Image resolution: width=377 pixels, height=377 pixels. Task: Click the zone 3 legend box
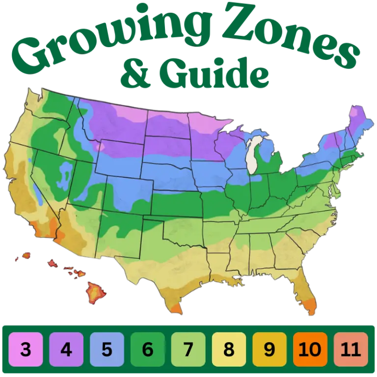pyautogui.click(x=26, y=350)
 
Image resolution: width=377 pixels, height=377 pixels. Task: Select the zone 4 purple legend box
pyautogui.click(x=66, y=350)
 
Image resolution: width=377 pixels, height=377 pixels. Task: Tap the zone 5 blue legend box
pyautogui.click(x=107, y=350)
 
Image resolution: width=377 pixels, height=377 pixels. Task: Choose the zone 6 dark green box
pyautogui.click(x=148, y=350)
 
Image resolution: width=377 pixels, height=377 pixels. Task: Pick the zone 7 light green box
pyautogui.click(x=188, y=350)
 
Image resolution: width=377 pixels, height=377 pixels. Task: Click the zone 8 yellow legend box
pyautogui.click(x=229, y=350)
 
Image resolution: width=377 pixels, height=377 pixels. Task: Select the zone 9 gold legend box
pyautogui.click(x=269, y=350)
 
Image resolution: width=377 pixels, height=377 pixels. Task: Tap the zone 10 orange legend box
pyautogui.click(x=310, y=350)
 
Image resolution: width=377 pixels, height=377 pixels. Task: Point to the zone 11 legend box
pyautogui.click(x=350, y=350)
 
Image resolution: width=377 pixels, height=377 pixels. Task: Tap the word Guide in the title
pyautogui.click(x=216, y=74)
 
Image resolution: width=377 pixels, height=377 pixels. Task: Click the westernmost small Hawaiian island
pyautogui.click(x=25, y=256)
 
